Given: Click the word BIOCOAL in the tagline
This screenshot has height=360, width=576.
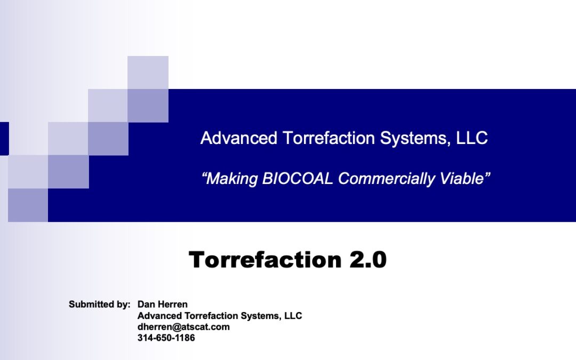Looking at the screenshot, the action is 298,179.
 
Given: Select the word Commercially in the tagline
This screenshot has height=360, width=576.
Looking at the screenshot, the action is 387,179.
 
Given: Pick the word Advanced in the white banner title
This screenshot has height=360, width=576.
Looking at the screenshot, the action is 239,138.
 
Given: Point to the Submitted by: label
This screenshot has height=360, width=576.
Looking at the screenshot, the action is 100,305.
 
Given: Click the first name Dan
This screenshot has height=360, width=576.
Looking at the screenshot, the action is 145,304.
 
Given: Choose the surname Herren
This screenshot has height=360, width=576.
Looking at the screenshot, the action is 172,304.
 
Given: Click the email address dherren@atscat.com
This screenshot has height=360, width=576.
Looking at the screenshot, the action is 183,327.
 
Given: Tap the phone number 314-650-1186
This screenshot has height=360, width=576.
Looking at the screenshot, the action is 166,338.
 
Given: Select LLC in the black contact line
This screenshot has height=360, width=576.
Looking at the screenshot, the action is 293,316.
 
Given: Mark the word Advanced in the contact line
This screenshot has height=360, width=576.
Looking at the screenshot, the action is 159,316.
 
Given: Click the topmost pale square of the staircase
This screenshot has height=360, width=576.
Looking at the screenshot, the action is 148,73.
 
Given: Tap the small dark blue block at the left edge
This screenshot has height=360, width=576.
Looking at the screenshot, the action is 4,139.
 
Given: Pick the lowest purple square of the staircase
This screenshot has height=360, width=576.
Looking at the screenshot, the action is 28,205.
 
